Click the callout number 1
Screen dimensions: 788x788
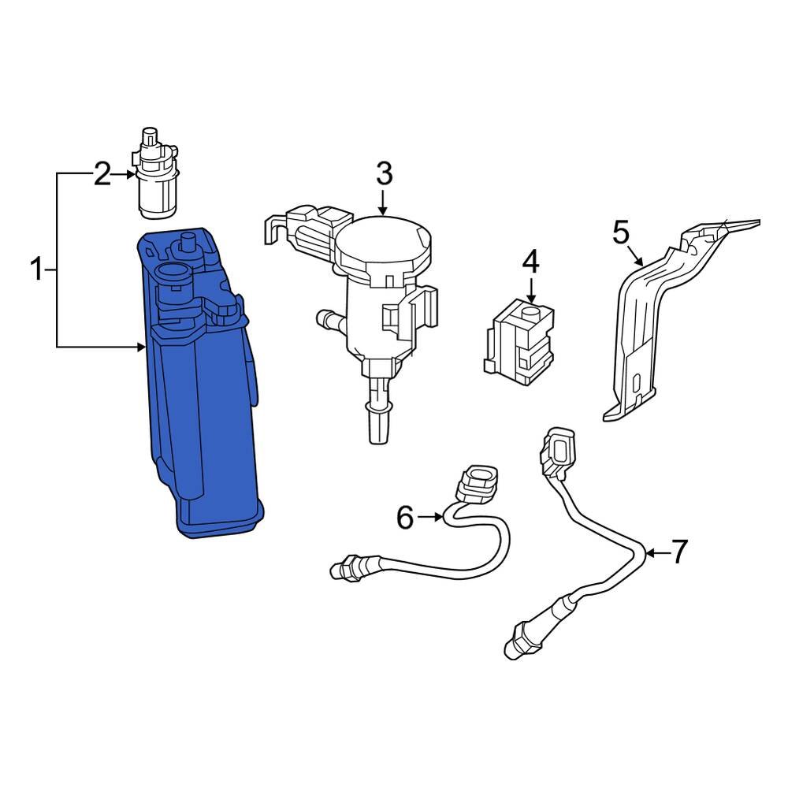click(36, 270)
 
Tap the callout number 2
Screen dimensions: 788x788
click(102, 174)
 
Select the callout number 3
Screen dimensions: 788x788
click(383, 173)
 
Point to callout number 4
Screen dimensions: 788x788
click(530, 261)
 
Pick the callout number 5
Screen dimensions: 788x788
click(621, 232)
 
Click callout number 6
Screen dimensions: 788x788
click(405, 518)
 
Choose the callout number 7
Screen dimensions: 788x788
click(679, 552)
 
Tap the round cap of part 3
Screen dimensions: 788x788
click(385, 240)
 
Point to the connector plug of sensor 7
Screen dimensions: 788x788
click(557, 451)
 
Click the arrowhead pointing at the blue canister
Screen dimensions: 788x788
click(142, 346)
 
